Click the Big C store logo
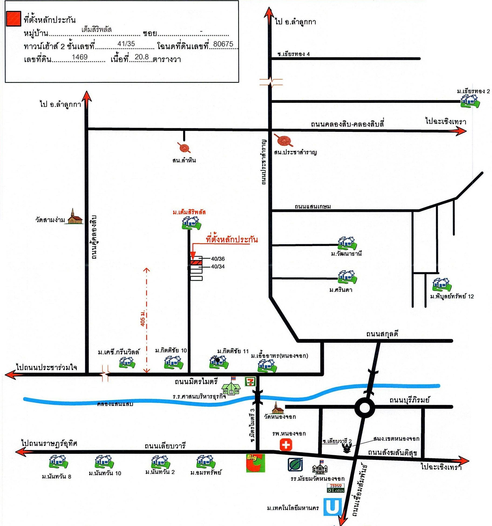(255, 463)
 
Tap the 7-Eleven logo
(250, 382)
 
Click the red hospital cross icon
(286, 444)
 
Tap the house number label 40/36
(218, 259)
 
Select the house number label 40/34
(218, 266)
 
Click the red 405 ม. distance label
(143, 319)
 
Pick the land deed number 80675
(223, 44)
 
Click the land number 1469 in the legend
(80, 57)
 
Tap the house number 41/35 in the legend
(126, 44)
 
